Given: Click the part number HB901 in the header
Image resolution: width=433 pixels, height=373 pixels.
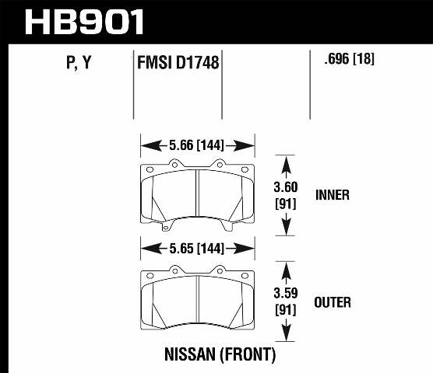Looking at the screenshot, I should coord(85,21).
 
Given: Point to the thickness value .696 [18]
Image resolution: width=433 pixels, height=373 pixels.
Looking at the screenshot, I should coord(343,59).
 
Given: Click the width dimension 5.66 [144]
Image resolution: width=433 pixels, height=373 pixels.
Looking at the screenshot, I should coord(198,145).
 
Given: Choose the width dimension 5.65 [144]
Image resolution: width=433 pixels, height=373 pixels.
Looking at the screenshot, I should coord(198,250).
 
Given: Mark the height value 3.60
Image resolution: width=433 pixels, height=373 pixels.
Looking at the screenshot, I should coord(287,187).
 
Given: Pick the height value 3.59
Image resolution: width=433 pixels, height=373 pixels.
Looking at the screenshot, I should coord(287,295).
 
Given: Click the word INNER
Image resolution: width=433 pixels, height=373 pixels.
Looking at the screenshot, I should coord(333,195).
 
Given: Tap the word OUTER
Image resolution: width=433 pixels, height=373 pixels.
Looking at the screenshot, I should coord(333,302).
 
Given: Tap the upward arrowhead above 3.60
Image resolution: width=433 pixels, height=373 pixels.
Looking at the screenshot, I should coord(287,161).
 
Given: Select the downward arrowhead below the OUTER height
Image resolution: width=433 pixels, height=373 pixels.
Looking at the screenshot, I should coord(287,336).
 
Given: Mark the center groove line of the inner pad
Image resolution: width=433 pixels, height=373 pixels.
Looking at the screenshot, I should coord(198,194).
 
